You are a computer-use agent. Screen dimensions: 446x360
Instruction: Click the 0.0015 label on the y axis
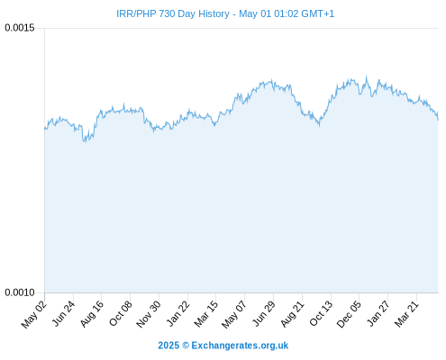coord(20,28)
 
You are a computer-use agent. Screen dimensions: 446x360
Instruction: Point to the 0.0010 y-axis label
coord(20,292)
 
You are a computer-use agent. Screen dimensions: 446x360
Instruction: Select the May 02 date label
coord(34,314)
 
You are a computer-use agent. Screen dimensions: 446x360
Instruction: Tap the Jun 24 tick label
coord(63,313)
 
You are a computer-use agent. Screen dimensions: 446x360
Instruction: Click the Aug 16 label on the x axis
coord(92,314)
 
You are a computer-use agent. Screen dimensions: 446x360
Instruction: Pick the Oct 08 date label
coord(121,313)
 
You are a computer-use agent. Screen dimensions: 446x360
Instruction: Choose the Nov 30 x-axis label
coord(149,314)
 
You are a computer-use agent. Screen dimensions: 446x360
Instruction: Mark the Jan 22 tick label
coord(178,313)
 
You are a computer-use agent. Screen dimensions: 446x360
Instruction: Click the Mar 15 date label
coord(206,314)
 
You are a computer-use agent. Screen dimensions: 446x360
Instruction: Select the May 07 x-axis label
coord(234,314)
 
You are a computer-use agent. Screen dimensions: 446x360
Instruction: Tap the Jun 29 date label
coord(264,313)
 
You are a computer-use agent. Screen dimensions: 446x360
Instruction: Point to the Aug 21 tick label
coord(292,314)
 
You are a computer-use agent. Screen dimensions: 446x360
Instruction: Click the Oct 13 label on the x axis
coord(321,313)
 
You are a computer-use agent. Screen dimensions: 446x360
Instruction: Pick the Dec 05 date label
coord(349,314)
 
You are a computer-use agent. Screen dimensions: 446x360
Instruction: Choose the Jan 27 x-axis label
coord(378,313)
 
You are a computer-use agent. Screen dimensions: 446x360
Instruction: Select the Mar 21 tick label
coord(406,314)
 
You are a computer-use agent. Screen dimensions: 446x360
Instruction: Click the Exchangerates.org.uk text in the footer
coord(240,346)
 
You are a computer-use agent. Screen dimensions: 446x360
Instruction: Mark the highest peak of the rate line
coord(366,76)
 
